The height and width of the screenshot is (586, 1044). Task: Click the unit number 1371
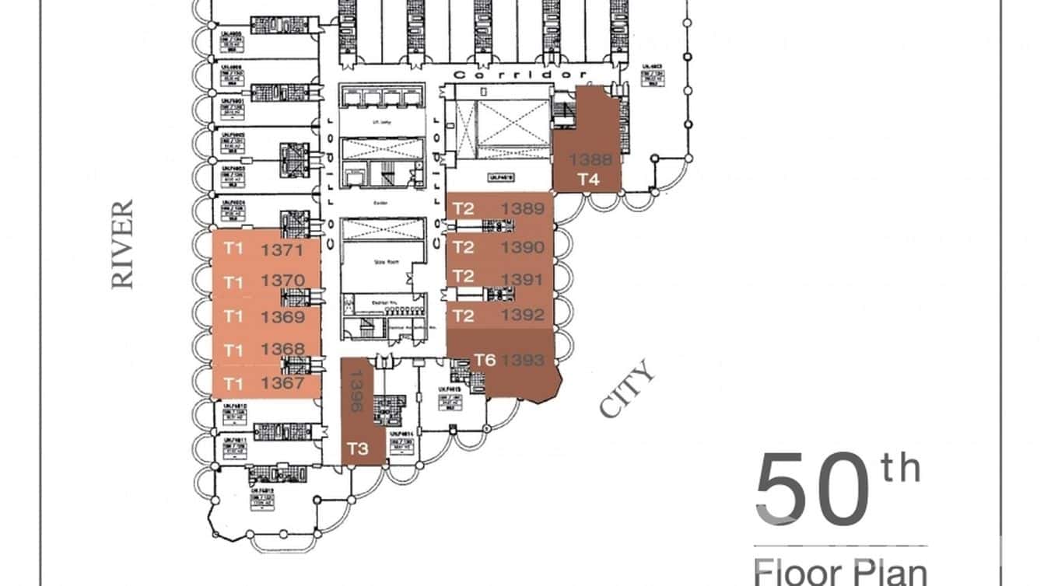[282, 250]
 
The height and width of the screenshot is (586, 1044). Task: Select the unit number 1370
[282, 281]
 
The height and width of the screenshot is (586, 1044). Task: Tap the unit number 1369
[283, 317]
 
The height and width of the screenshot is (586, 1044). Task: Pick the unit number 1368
[283, 349]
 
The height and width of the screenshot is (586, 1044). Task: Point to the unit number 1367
[282, 382]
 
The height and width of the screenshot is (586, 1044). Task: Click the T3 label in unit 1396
[357, 449]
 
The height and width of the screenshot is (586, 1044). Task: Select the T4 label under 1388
[588, 180]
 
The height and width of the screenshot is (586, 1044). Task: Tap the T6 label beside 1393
[485, 360]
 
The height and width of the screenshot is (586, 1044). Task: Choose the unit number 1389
[522, 208]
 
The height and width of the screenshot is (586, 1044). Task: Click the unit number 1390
[522, 247]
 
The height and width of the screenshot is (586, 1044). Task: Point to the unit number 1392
[522, 316]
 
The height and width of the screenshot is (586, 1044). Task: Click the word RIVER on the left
[122, 244]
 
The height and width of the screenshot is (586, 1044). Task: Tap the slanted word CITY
[627, 392]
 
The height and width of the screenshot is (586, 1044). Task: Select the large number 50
[811, 491]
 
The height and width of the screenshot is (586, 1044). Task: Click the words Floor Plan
[840, 571]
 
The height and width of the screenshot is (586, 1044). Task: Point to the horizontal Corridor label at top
[519, 75]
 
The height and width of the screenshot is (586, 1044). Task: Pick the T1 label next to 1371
[233, 250]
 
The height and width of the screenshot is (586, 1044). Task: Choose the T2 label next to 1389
[464, 208]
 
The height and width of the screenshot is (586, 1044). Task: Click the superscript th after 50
[900, 469]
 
